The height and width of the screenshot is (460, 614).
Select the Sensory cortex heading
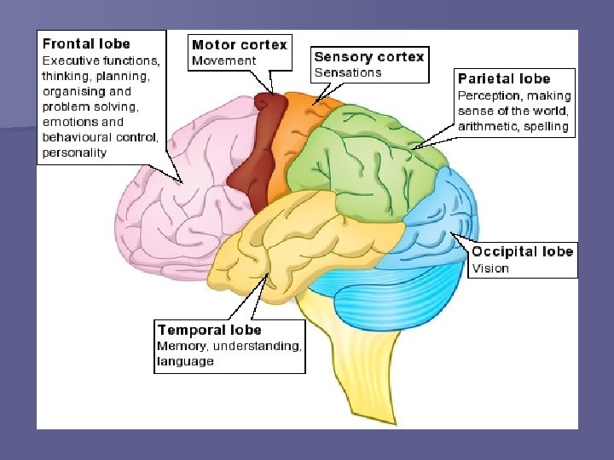point(368,57)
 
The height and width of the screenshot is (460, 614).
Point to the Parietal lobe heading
point(504,79)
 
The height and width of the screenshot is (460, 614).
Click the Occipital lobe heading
point(522,251)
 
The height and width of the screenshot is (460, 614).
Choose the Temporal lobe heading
point(209,330)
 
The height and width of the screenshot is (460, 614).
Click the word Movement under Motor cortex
point(223,60)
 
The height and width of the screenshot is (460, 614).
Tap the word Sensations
point(347,72)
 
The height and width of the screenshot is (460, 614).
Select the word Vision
point(490,268)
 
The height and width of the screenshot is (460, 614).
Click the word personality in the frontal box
point(75,152)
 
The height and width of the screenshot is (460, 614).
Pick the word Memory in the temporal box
point(181,346)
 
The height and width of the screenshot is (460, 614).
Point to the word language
point(184,361)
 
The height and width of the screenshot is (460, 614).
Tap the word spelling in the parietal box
point(547,127)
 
